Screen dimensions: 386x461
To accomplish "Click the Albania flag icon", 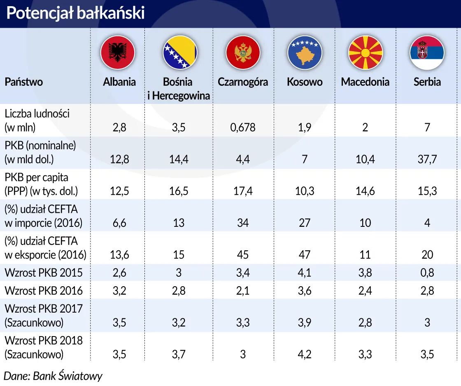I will [x=118, y=52].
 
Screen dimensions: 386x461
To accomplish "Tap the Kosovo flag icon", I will [x=305, y=52].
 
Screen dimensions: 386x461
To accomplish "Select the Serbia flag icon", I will [x=427, y=52].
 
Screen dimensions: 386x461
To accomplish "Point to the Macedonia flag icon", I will [x=365, y=52].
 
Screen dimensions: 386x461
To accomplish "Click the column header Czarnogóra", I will [x=243, y=82].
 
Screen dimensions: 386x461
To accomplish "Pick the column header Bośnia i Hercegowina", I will [x=179, y=89].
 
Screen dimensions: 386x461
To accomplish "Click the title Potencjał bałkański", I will [x=75, y=13].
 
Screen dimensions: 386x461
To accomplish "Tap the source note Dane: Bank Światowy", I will [x=53, y=376].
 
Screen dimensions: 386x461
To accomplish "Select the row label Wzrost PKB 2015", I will [x=44, y=273].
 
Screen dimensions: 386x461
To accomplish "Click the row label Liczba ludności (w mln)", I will [x=37, y=120].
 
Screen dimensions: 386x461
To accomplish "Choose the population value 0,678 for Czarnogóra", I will [x=243, y=127].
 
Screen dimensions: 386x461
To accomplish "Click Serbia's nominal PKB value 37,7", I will [x=427, y=159].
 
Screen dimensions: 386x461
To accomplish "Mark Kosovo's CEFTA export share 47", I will [x=305, y=255].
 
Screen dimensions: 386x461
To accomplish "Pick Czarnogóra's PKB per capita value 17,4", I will [x=243, y=191].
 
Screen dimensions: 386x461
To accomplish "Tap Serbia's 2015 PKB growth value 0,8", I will [x=427, y=273].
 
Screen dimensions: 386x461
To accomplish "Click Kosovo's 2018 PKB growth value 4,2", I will [x=305, y=355].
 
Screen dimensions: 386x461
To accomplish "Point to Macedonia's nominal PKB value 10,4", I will [x=365, y=159].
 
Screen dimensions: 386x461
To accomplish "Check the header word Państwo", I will [x=24, y=82].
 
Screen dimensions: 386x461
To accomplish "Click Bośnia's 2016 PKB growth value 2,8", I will [x=179, y=291].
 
